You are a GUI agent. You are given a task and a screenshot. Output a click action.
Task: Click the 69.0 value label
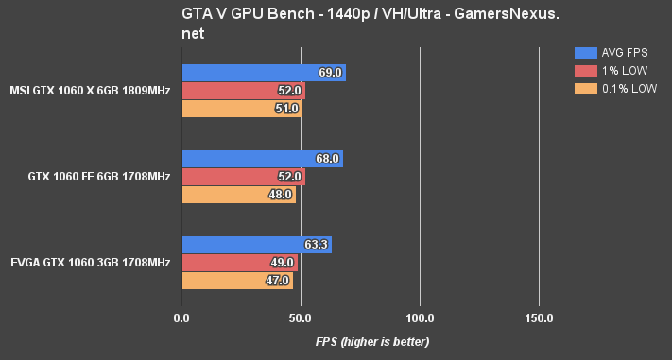[330, 73]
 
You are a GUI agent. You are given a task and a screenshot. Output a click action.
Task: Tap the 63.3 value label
[316, 245]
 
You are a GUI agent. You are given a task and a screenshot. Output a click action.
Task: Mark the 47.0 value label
[277, 281]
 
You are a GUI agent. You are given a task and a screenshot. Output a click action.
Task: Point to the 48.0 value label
[280, 195]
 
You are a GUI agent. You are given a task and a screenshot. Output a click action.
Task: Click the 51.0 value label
[287, 109]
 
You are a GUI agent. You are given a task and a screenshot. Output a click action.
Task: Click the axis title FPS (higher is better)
[372, 341]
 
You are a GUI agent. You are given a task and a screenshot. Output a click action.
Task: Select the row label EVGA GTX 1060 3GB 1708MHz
[91, 263]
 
